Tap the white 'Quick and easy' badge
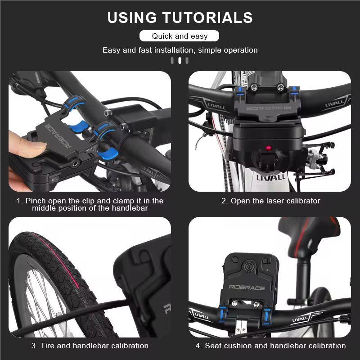pos(180,36)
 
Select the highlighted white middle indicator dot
pos(180,61)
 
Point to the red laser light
pos(269,148)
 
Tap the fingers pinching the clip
pos(27,148)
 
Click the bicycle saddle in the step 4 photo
pos(310,234)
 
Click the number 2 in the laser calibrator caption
pos(224,201)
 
